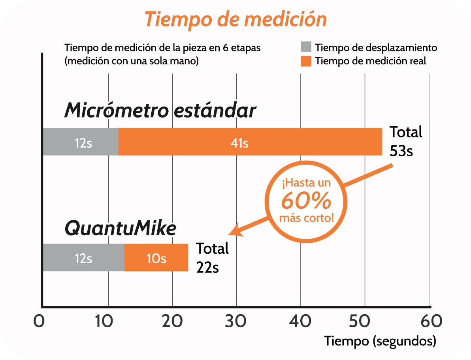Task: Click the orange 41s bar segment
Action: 250,142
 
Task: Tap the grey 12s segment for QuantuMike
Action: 83,258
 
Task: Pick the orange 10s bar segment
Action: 156,258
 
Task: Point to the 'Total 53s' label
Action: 406,141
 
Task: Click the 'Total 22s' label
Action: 213,257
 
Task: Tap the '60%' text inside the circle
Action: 306,201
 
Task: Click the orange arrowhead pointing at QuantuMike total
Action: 236,230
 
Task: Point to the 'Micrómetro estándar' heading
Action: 160,111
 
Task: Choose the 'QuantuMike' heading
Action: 120,228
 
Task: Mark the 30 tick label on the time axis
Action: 236,321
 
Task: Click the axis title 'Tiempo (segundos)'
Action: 380,341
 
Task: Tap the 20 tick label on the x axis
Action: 172,321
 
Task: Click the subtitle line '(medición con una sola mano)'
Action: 132,61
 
